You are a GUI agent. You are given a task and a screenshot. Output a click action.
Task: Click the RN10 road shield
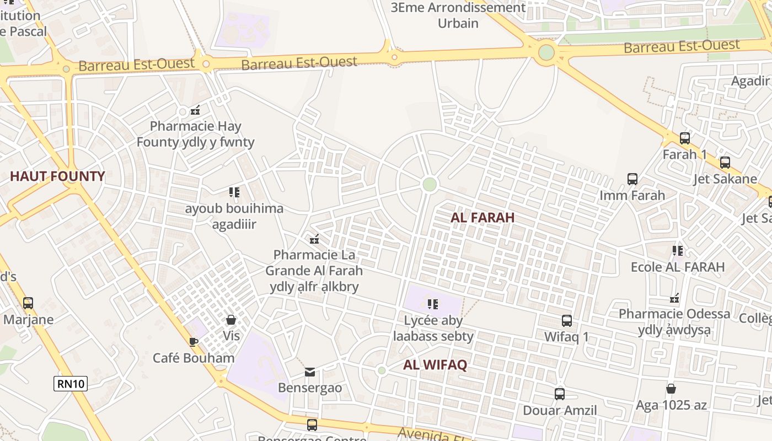[71, 384]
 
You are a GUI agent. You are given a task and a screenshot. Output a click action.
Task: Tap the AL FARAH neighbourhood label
[482, 218]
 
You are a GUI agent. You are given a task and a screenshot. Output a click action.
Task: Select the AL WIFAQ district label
[435, 365]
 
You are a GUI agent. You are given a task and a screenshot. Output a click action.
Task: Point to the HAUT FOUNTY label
[57, 177]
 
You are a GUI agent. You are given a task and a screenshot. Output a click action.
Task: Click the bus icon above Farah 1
[685, 138]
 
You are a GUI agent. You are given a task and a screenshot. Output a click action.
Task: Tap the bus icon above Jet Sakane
[725, 163]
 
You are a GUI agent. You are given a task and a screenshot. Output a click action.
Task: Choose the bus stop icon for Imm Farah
[632, 179]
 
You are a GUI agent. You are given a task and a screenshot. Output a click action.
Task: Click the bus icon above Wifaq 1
[566, 321]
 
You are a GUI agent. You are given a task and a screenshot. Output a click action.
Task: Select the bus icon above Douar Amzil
[560, 394]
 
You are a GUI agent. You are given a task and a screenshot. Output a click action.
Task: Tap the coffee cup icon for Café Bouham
[193, 342]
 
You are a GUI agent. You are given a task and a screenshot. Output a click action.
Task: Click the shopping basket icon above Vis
[231, 320]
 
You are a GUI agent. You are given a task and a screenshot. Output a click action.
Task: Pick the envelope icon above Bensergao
[310, 372]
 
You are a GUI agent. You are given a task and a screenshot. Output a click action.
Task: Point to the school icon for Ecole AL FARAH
[678, 251]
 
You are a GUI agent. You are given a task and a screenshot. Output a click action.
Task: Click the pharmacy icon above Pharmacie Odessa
[674, 298]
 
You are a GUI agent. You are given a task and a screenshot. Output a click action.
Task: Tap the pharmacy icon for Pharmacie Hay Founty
[195, 110]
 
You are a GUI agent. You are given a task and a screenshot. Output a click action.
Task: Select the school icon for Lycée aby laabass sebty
[433, 304]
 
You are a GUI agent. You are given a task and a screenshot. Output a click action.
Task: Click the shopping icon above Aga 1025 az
[671, 389]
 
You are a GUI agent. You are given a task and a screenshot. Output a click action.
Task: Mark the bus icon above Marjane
[28, 303]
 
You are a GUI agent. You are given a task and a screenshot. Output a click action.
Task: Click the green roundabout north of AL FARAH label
[430, 185]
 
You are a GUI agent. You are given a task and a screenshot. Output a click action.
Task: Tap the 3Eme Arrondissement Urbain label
[458, 15]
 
